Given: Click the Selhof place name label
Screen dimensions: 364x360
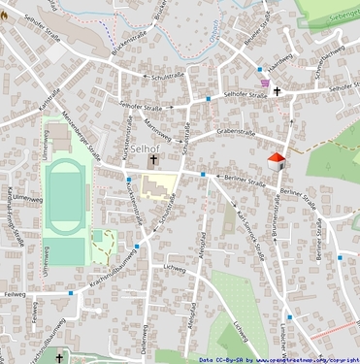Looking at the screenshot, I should pos(144,148).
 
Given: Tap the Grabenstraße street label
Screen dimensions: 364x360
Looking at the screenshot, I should pos(235,129).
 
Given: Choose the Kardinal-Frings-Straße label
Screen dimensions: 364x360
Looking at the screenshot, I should pos(9,208).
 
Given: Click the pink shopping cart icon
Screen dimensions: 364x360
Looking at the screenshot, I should pos(259,70).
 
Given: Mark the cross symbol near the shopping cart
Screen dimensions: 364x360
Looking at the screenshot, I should pos(277,90).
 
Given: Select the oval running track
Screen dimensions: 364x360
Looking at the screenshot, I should pos(66,197).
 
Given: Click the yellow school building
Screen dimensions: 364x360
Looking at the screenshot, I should pos(155,184).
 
